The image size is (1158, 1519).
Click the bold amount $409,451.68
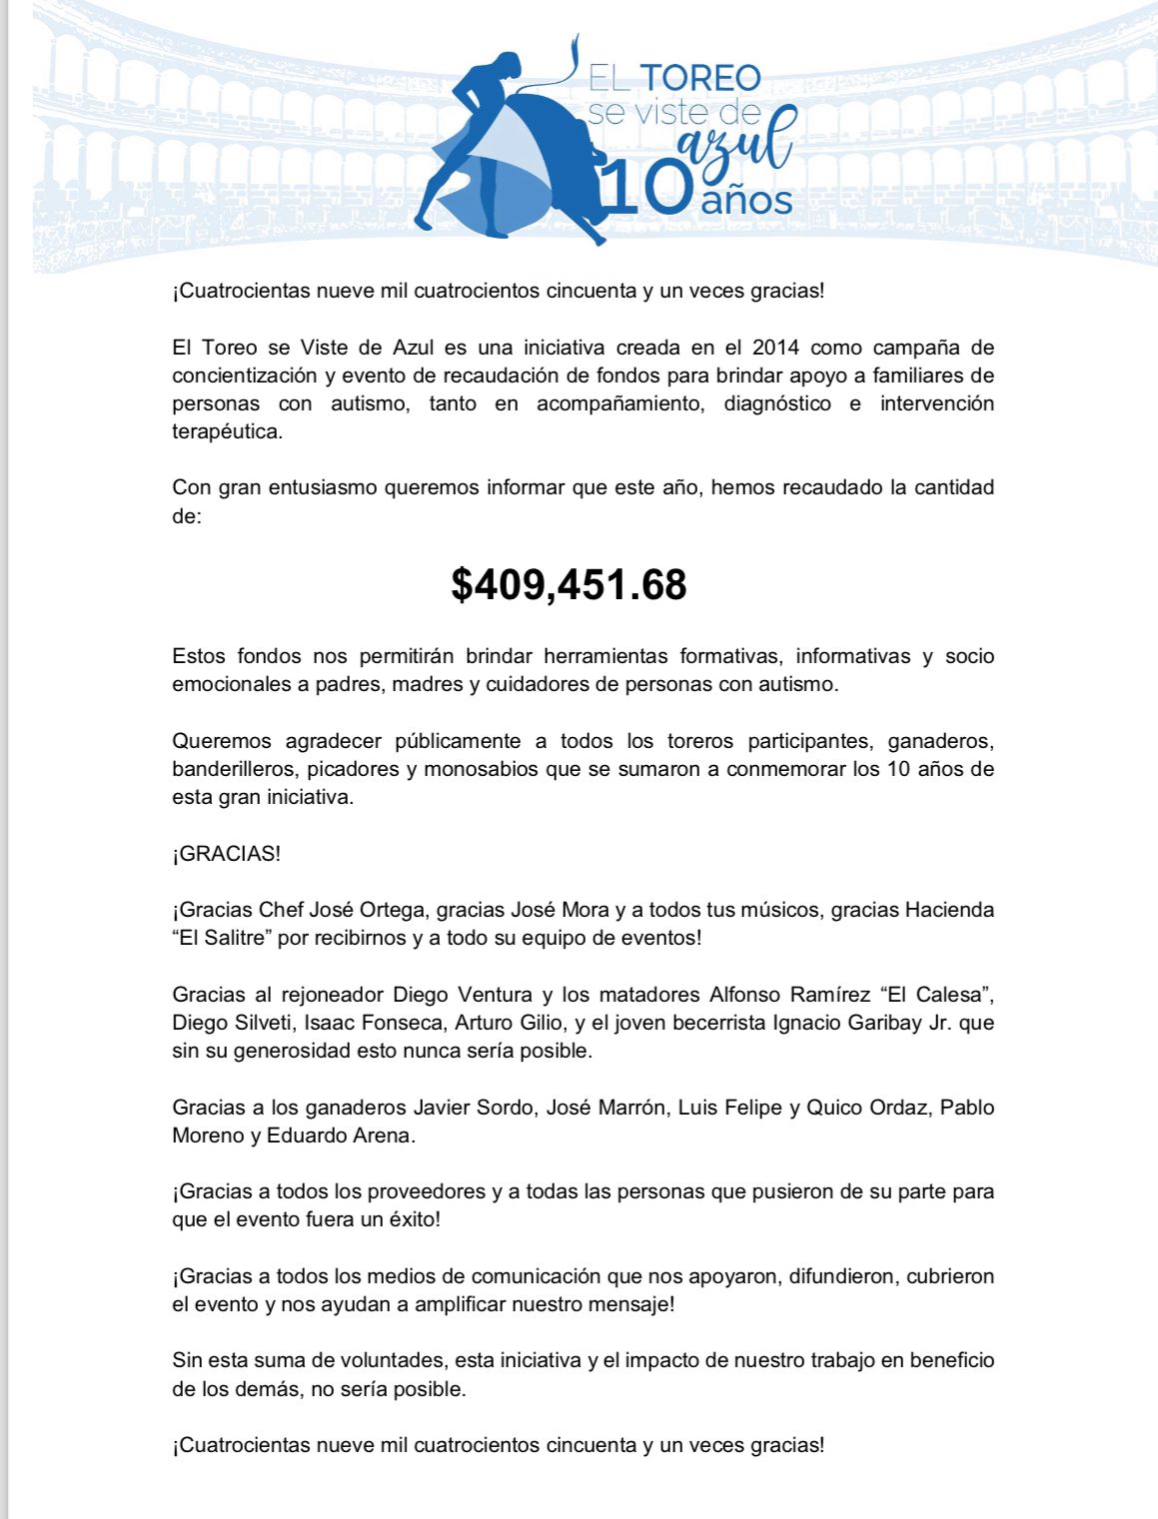coord(569,584)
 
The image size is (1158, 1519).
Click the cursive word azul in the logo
coord(736,143)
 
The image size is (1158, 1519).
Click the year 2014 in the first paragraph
coord(776,348)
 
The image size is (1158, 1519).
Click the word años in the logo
coord(746,200)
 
